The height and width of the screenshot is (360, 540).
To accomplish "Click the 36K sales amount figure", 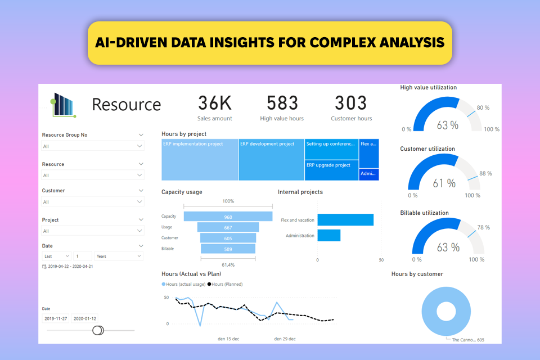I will [214, 103].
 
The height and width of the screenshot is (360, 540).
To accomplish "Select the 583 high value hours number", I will [282, 103].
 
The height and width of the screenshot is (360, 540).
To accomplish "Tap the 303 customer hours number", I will [350, 103].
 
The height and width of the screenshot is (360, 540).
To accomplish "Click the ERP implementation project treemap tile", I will [200, 160].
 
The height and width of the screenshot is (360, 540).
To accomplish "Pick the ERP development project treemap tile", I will [271, 160].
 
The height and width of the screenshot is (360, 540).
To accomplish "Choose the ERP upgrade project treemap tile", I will [331, 170].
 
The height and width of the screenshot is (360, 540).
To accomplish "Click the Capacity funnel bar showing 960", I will [228, 217].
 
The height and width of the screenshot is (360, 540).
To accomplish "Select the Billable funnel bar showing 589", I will [228, 249].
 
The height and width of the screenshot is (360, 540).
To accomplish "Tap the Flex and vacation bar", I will [345, 220].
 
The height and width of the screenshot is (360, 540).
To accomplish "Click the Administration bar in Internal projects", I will [329, 236].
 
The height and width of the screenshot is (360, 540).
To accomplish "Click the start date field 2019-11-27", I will [56, 318].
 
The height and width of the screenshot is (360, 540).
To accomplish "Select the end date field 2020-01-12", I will [85, 318].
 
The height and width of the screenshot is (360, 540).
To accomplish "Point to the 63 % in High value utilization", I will [447, 125].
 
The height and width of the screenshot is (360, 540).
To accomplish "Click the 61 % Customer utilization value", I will [444, 183].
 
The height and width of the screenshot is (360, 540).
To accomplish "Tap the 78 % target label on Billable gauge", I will [483, 227].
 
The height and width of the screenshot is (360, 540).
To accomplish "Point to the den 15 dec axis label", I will [228, 339].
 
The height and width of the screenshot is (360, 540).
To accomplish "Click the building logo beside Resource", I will [63, 105].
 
